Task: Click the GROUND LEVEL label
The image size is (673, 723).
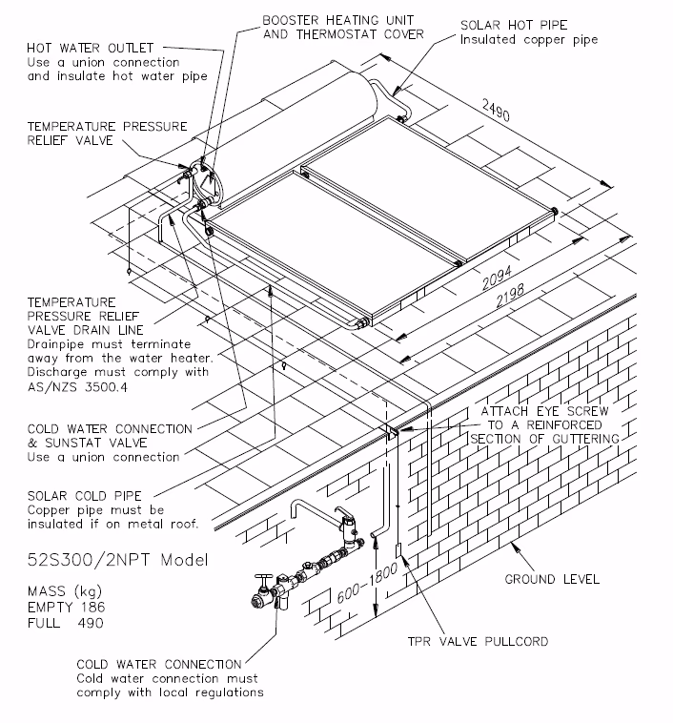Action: (x=552, y=579)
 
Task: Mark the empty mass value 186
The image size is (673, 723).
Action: (x=92, y=608)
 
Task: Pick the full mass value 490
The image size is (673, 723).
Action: (x=92, y=623)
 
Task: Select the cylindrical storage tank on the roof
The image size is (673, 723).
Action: (x=296, y=134)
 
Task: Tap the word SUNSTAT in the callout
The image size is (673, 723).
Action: (x=81, y=444)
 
